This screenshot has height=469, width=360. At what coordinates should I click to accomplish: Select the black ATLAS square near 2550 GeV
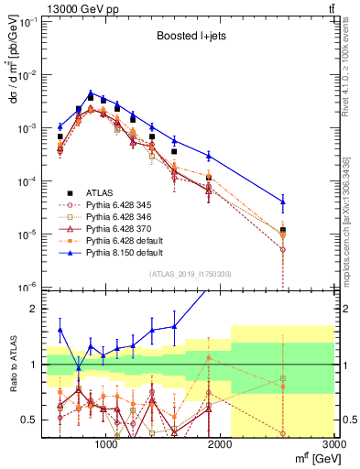[283, 230]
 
